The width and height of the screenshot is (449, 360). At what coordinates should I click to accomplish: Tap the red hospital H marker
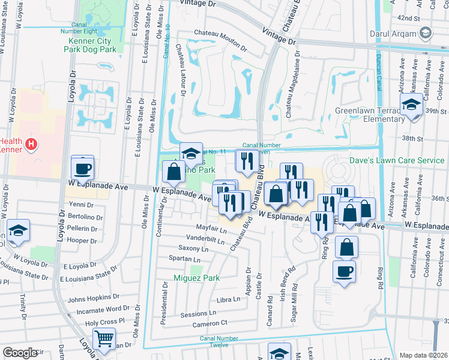click(x=32, y=145)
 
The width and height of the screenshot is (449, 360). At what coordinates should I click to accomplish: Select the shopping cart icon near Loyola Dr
click(x=104, y=339)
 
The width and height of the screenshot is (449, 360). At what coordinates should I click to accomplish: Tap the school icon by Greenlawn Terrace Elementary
click(x=412, y=104)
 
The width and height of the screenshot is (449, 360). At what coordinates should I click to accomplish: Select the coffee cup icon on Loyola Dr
click(x=83, y=167)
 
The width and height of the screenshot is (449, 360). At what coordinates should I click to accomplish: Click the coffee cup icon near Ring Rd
click(x=344, y=272)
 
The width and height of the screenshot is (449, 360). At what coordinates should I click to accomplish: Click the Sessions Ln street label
click(x=197, y=314)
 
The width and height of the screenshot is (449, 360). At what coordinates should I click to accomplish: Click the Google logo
click(x=20, y=353)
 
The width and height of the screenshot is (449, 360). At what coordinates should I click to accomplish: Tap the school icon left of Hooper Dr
click(x=18, y=231)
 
